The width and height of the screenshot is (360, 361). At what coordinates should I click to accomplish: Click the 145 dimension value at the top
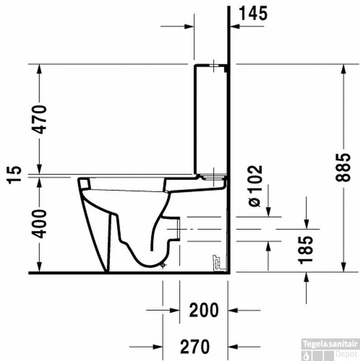pyautogui.click(x=253, y=14)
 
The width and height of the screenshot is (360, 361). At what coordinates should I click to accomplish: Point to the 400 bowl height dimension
pyautogui.click(x=41, y=223)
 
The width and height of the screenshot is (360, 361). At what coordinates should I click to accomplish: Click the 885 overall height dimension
pyautogui.click(x=344, y=167)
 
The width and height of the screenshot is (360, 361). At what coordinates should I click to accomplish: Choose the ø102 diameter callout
pyautogui.click(x=255, y=185)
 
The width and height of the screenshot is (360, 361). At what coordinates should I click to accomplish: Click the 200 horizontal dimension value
pyautogui.click(x=203, y=310)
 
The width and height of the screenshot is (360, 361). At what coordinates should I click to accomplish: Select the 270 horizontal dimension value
pyautogui.click(x=195, y=347)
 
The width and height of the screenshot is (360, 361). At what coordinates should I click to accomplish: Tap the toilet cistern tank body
pyautogui.click(x=211, y=120)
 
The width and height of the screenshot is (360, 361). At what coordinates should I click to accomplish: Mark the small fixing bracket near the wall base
pyautogui.click(x=216, y=263)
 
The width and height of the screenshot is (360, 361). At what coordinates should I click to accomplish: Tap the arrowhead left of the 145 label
pyautogui.click(x=235, y=27)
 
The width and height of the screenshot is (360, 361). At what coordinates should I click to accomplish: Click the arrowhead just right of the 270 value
pyautogui.click(x=233, y=347)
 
